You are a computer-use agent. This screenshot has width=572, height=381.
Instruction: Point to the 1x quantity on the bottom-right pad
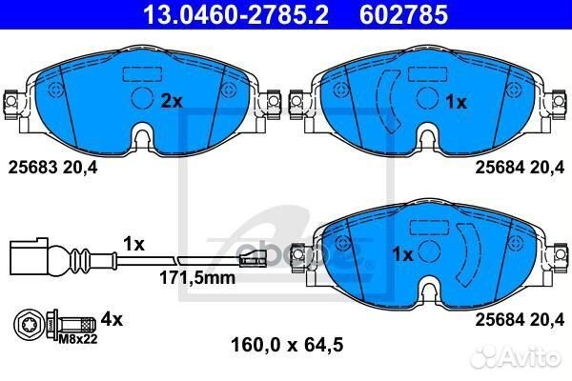tap(402, 254)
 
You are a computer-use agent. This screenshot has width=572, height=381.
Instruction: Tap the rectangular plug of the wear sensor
tap(25, 256)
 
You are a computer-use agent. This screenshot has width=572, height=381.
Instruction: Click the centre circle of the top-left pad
tap(141, 98)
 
